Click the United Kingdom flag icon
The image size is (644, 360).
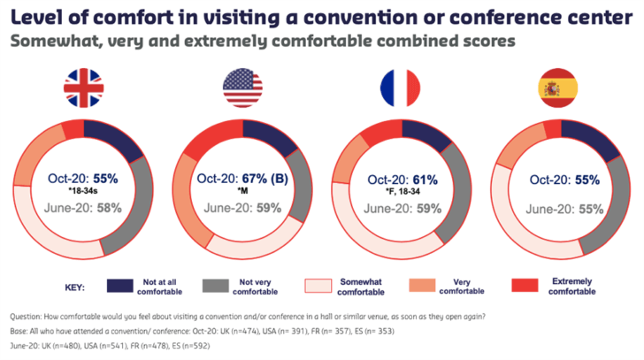[x=84, y=88]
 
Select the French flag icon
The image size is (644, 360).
[x=399, y=88]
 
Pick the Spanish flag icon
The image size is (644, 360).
[x=557, y=88]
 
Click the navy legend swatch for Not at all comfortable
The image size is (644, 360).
[x=124, y=286]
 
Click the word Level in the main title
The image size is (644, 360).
[x=38, y=16]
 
